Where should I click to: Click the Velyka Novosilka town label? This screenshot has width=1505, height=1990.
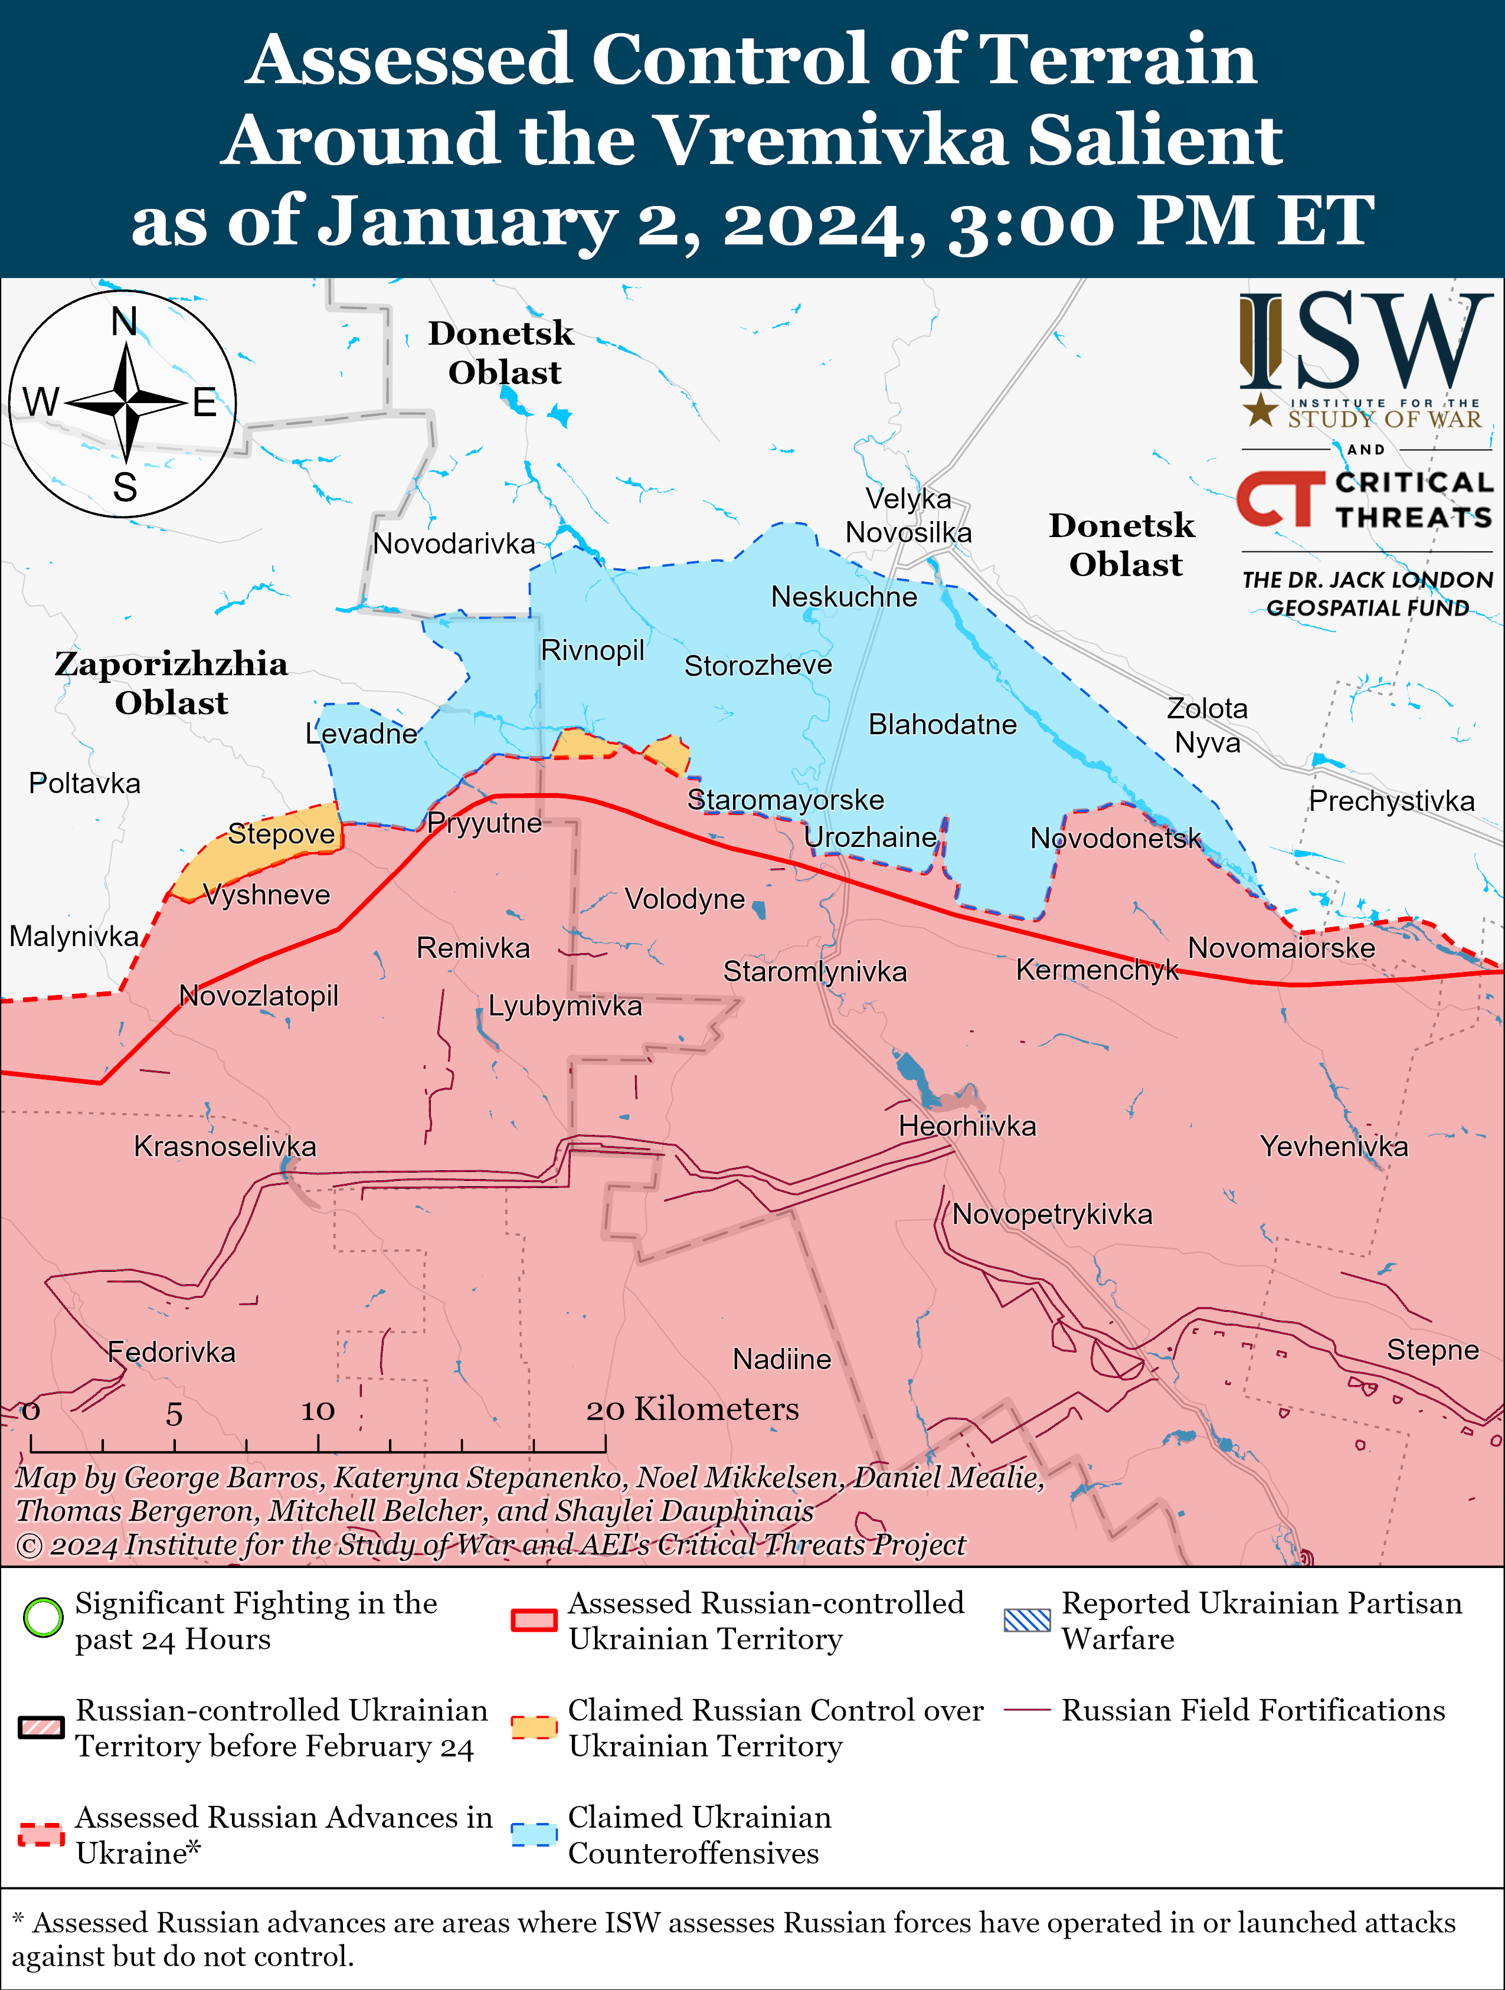[x=908, y=515]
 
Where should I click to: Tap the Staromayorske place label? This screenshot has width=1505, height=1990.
[x=786, y=800]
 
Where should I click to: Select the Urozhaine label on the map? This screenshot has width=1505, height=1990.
[x=870, y=837]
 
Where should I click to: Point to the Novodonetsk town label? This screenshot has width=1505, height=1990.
[x=1115, y=839]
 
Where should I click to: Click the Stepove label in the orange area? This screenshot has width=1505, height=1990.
[x=281, y=834]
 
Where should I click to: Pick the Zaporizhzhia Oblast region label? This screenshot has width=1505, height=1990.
[x=171, y=683]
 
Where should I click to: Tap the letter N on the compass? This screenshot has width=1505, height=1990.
[x=124, y=321]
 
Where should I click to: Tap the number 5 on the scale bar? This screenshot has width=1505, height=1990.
[x=174, y=1414]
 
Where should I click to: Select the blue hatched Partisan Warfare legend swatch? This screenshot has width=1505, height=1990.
[x=1026, y=1620]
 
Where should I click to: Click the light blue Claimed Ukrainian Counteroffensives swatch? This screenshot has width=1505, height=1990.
[x=534, y=1834]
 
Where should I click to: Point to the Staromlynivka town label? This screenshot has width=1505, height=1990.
[x=815, y=971]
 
